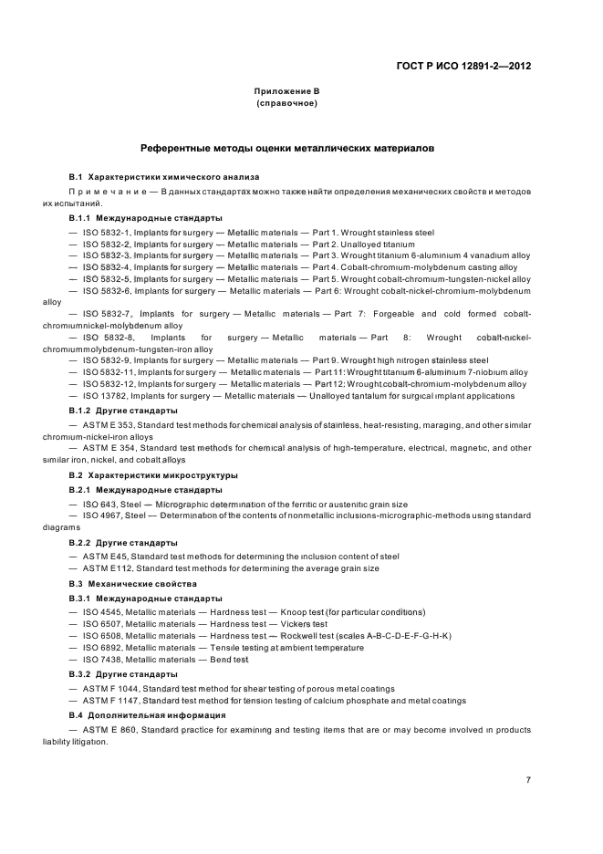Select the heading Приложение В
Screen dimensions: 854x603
tap(286, 92)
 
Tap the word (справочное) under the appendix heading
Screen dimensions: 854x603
tap(286, 104)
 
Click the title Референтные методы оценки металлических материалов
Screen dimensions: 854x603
tap(286, 147)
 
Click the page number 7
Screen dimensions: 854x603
tap(527, 779)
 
